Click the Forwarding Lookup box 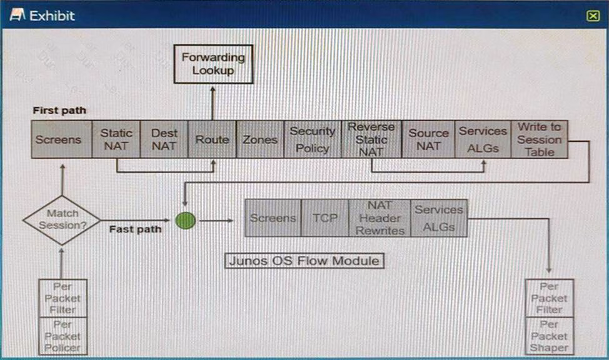click(x=213, y=64)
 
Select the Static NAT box click(x=116, y=139)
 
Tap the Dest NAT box click(x=164, y=139)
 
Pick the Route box click(x=212, y=139)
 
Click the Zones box click(x=259, y=139)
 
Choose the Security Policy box click(x=312, y=139)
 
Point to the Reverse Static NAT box click(x=371, y=139)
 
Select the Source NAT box click(x=428, y=139)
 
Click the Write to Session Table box click(x=539, y=139)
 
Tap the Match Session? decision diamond click(x=62, y=220)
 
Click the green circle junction click(x=186, y=221)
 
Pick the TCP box click(x=325, y=218)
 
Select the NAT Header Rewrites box click(x=380, y=218)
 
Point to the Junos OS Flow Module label click(x=304, y=261)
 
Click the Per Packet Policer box click(x=62, y=336)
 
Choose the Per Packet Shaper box click(x=549, y=336)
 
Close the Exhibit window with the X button click(x=593, y=16)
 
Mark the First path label click(x=59, y=111)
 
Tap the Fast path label click(x=135, y=229)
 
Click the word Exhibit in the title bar click(x=52, y=16)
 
